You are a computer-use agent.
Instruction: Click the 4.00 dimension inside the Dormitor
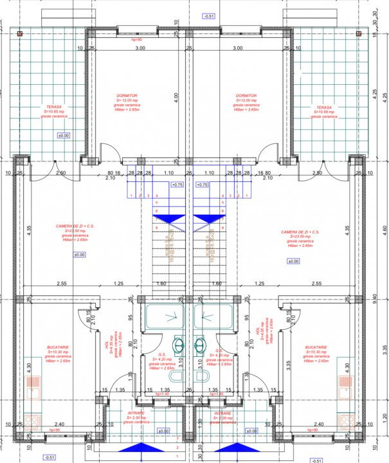(176, 97)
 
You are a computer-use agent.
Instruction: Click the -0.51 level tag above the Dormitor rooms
(209, 16)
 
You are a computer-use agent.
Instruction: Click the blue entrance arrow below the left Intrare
(137, 448)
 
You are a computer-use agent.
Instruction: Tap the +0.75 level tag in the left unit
(177, 185)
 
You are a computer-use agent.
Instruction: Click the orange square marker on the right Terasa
(371, 33)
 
